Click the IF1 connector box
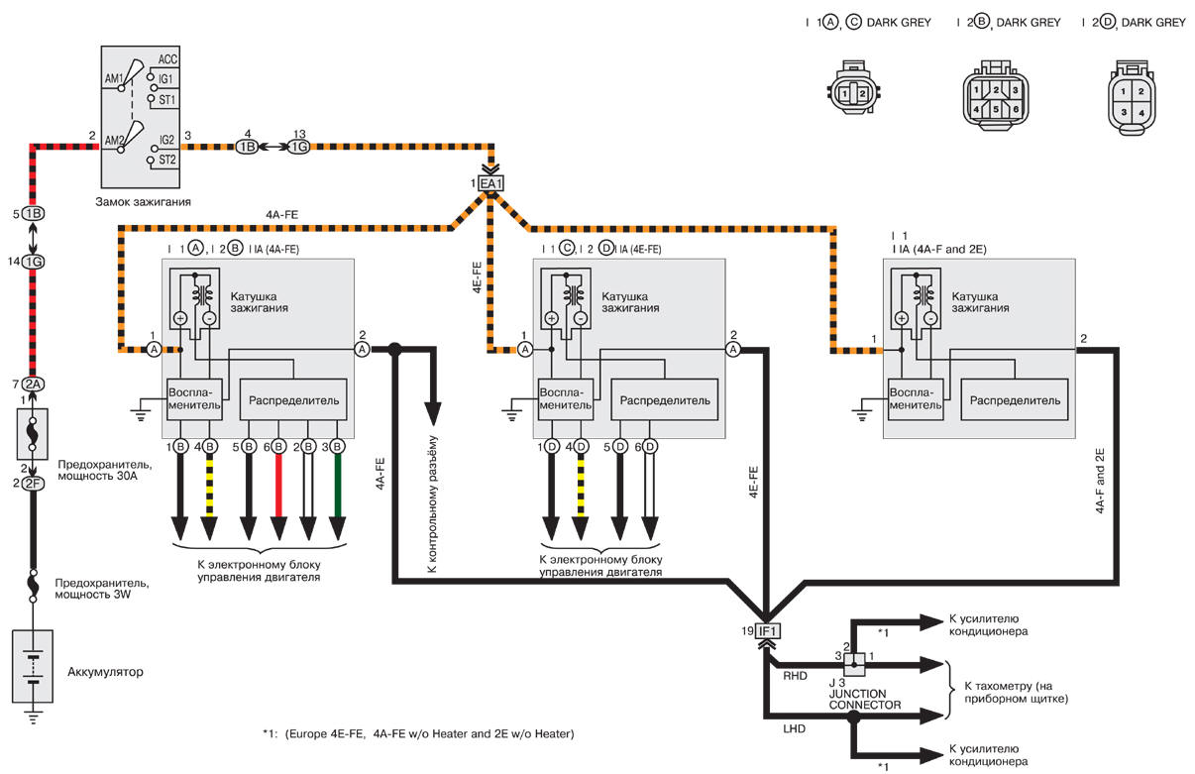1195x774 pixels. click(769, 631)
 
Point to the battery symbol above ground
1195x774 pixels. click(34, 668)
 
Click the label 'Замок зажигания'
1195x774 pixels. click(143, 202)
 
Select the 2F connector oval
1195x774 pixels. click(34, 483)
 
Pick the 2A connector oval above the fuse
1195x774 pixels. click(34, 385)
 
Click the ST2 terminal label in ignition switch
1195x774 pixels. click(166, 160)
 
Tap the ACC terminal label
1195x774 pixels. click(166, 59)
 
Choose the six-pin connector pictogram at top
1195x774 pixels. click(988, 96)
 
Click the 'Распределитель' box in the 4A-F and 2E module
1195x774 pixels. click(1015, 400)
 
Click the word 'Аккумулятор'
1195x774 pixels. click(105, 672)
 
